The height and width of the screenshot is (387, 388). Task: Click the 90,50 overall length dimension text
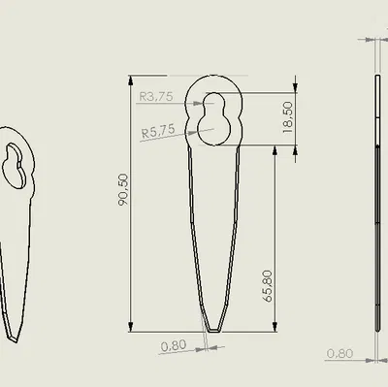click(123, 189)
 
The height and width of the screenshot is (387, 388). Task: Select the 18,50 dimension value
click(287, 117)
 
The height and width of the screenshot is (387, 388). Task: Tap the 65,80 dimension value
click(269, 286)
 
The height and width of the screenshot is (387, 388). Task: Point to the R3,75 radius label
click(156, 96)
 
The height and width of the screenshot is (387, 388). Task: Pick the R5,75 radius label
click(158, 131)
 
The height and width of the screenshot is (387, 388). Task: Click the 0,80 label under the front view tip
click(174, 346)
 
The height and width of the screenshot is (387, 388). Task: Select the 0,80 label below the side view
click(339, 353)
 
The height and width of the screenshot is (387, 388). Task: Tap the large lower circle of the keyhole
click(213, 129)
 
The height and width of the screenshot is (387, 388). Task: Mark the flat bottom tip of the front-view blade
click(213, 331)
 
